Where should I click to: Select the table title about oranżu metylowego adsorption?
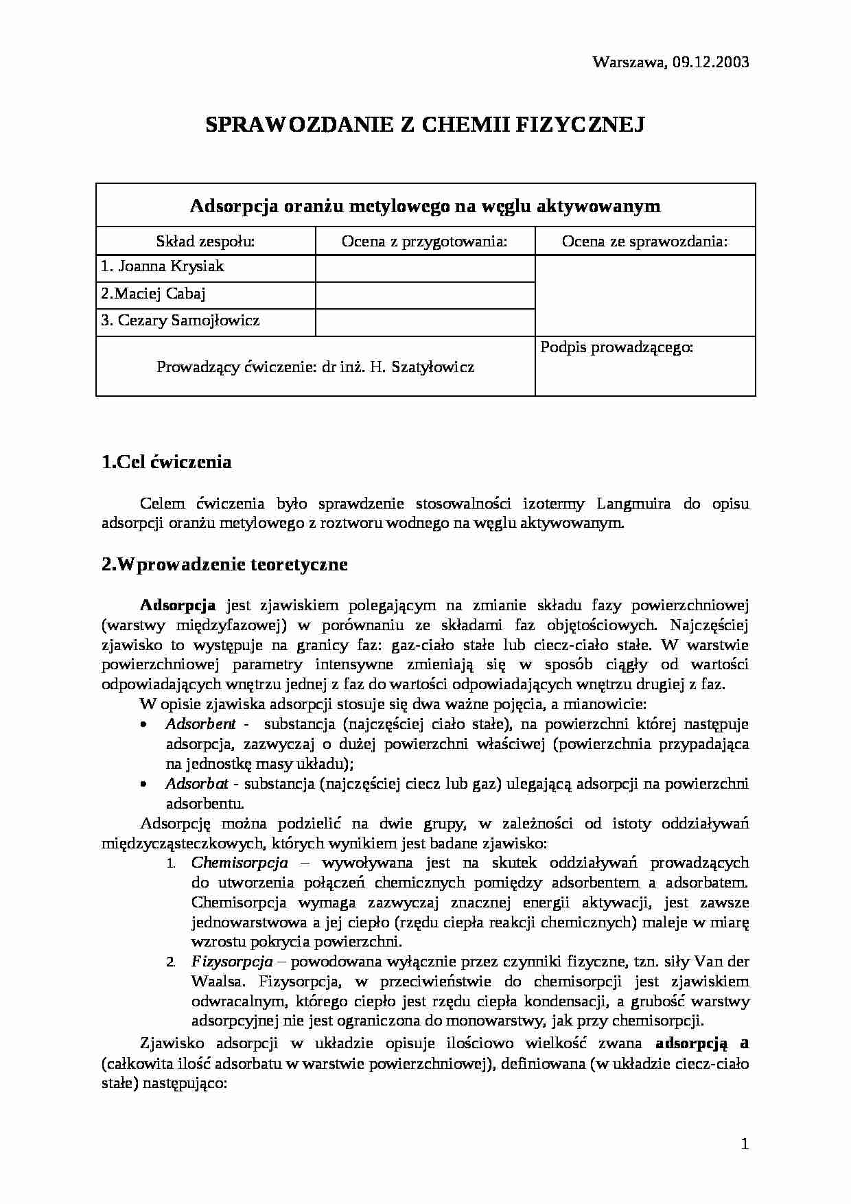click(425, 206)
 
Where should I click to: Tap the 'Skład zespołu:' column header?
click(205, 241)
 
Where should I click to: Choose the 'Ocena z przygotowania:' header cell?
click(424, 241)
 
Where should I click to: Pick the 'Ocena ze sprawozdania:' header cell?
click(644, 241)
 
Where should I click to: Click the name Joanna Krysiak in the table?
click(171, 266)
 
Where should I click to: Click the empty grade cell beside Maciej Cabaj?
click(424, 294)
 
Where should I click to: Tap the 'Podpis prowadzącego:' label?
click(617, 347)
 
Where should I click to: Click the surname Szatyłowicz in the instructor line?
click(432, 367)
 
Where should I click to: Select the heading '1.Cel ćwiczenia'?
click(166, 462)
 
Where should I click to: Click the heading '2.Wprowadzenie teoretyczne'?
click(224, 564)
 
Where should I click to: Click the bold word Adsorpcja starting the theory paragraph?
click(178, 605)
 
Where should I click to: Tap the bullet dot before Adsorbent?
click(143, 725)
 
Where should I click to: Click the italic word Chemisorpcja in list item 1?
click(240, 863)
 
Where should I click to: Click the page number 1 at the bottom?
click(745, 1144)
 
